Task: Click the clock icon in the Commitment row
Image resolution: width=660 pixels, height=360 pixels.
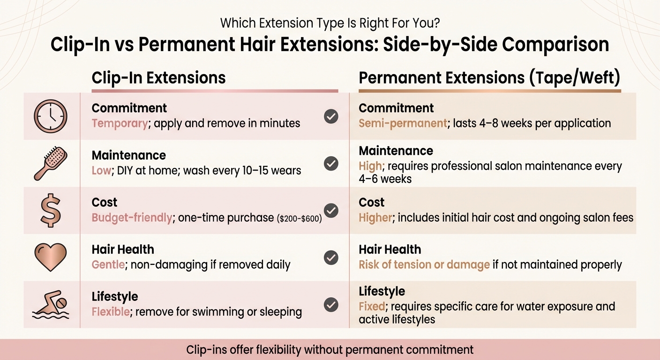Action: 50,116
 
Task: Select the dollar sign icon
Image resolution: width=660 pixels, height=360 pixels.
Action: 51,210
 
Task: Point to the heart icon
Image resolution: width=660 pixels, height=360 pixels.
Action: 51,257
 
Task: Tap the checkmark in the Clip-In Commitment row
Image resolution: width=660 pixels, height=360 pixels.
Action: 331,116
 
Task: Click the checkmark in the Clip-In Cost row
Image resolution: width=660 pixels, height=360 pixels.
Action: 331,210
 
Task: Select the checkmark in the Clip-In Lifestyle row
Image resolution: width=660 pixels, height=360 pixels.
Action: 331,305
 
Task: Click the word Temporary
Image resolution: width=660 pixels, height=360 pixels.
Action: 120,123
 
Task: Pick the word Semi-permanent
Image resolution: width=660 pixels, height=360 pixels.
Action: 403,123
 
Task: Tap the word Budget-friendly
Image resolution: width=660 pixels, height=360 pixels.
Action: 132,218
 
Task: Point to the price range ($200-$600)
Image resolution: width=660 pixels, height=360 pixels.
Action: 300,218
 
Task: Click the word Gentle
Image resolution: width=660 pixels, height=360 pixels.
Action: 108,264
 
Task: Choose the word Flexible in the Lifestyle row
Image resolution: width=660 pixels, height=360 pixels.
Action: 112,312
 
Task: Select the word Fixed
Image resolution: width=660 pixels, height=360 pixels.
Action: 372,307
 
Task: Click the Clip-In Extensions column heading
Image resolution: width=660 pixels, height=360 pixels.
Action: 158,78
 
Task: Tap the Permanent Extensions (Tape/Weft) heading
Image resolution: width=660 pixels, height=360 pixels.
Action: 489,78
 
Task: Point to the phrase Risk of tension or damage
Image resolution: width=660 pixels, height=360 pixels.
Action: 424,264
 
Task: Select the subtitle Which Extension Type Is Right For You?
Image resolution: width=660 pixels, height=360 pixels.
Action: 330,22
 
